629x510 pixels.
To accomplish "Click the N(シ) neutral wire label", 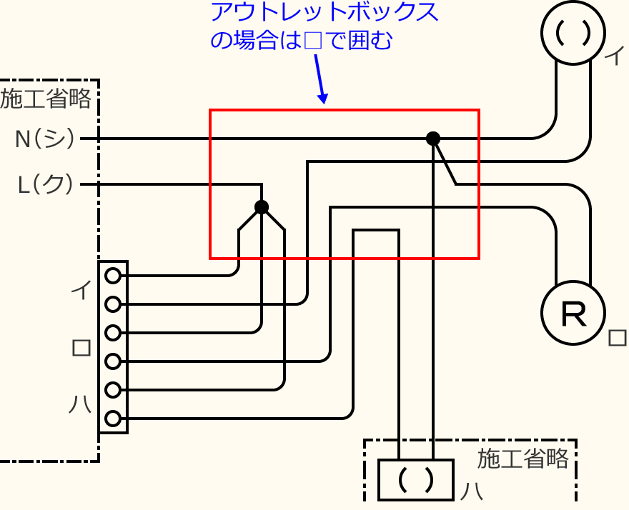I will coord(45,139).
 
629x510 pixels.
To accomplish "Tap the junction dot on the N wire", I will coord(432,139).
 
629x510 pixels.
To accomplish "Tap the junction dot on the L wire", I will coord(262,207).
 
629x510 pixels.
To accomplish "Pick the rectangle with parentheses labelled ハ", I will coord(415,479).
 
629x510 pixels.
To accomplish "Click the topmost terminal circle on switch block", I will coord(112,275).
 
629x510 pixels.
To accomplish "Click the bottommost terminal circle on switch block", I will coord(112,419).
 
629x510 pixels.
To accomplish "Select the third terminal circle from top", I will coord(112,333).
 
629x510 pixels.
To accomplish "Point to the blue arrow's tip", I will coord(325,103).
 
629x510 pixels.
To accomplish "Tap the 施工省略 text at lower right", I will coord(523,459).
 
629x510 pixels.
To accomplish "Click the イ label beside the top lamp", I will coord(613,57).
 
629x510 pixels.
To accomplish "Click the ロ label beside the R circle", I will coord(616,338).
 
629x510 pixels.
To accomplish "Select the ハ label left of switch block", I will coord(80,404).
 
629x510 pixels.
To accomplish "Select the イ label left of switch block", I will coord(80,290).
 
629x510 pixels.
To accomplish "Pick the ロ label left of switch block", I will coord(81,347).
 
